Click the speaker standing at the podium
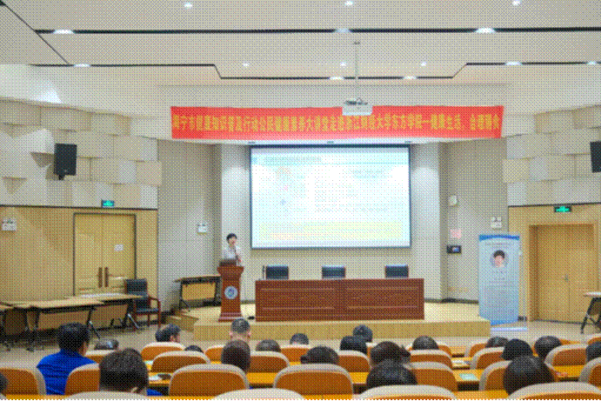[x=231, y=249]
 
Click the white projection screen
[x=330, y=197]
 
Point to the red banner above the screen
[x=337, y=122]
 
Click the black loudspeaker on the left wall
[x=65, y=160]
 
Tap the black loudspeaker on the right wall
[x=596, y=157]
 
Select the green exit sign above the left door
[x=107, y=204]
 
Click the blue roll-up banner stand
[x=498, y=278]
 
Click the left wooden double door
[x=104, y=252]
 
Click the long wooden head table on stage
[x=339, y=298]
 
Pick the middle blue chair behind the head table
[x=333, y=272]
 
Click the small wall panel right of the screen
[x=453, y=249]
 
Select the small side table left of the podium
[x=198, y=288]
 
